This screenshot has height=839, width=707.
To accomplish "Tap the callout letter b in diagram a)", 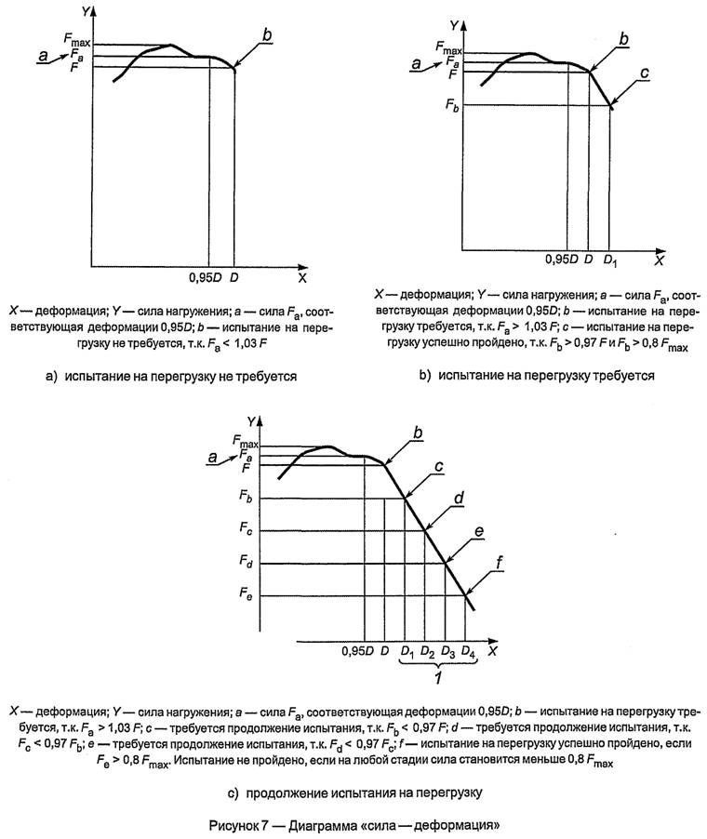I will coord(267,35).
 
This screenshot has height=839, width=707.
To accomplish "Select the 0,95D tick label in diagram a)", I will coord(202,276).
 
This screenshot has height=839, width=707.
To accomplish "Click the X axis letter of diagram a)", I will coord(301,277).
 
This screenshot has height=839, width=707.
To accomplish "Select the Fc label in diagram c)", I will coord(245,530).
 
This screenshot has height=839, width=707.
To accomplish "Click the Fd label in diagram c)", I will coord(245,563).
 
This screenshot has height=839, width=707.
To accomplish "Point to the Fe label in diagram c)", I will coord(245,595).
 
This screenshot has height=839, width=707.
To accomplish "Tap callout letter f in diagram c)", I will coord(501,562).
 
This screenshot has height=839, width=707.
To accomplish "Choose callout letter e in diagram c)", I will coord(479,531).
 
